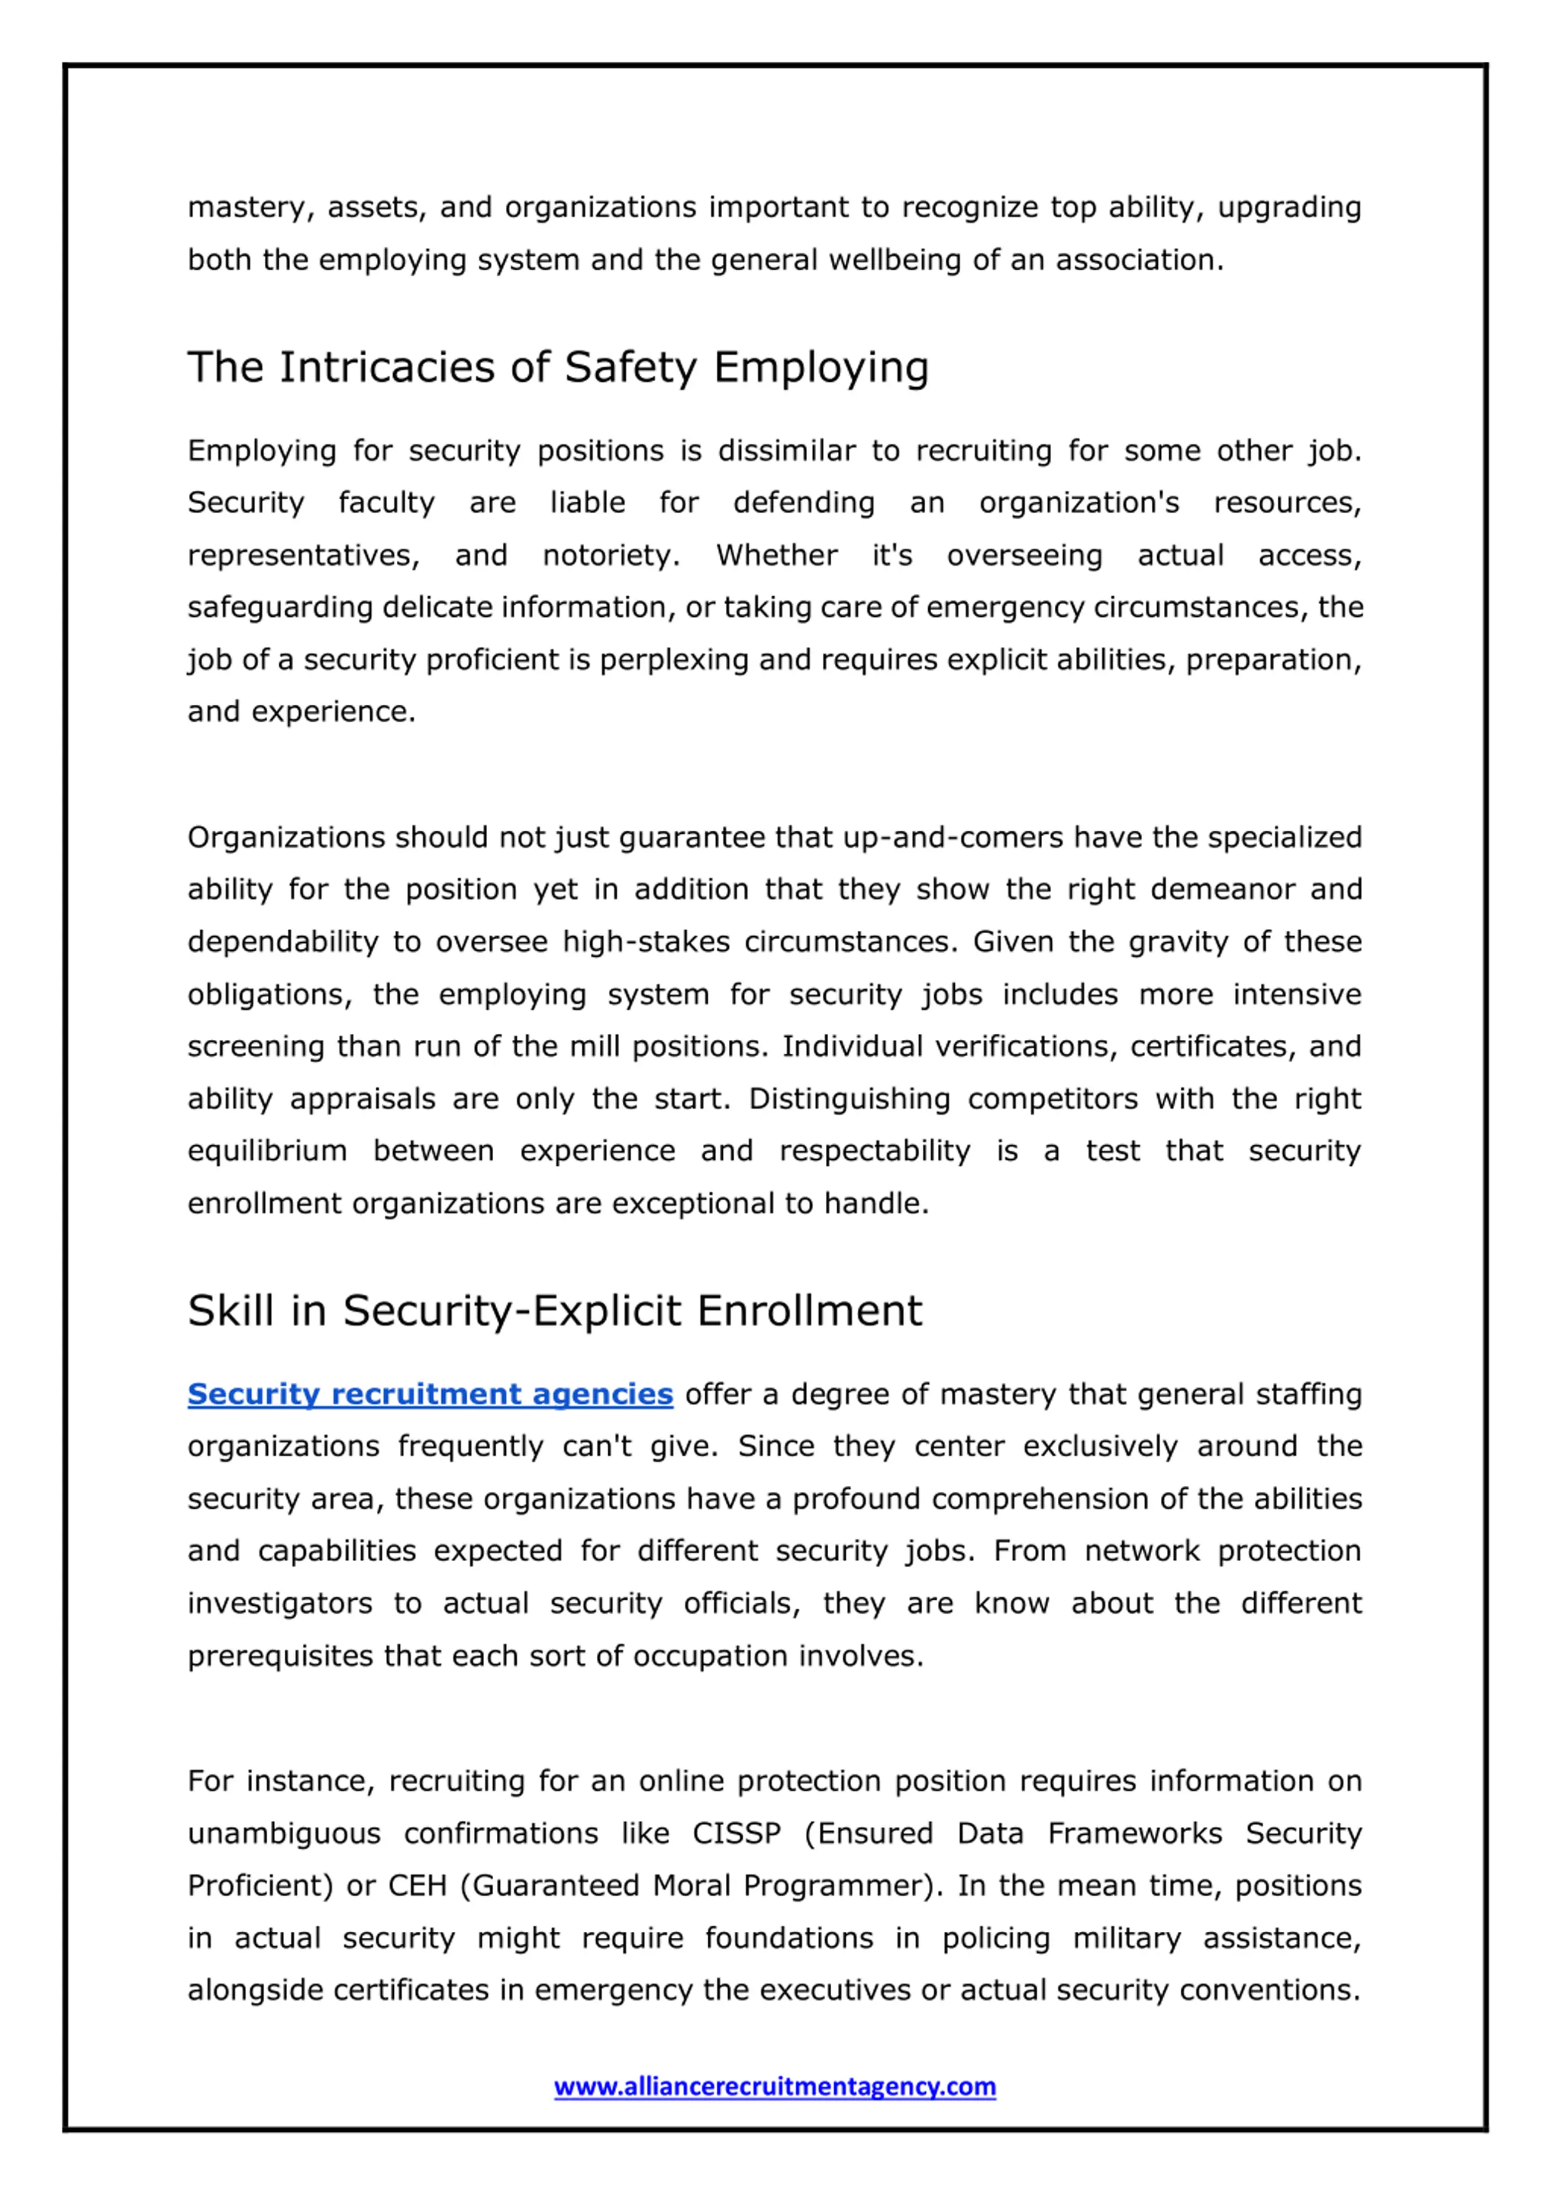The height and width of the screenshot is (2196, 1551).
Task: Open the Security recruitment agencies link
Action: pyautogui.click(x=430, y=1394)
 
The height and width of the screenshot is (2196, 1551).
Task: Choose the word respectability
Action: pyautogui.click(x=874, y=1151)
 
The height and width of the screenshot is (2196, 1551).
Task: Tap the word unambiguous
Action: pyautogui.click(x=284, y=1834)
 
